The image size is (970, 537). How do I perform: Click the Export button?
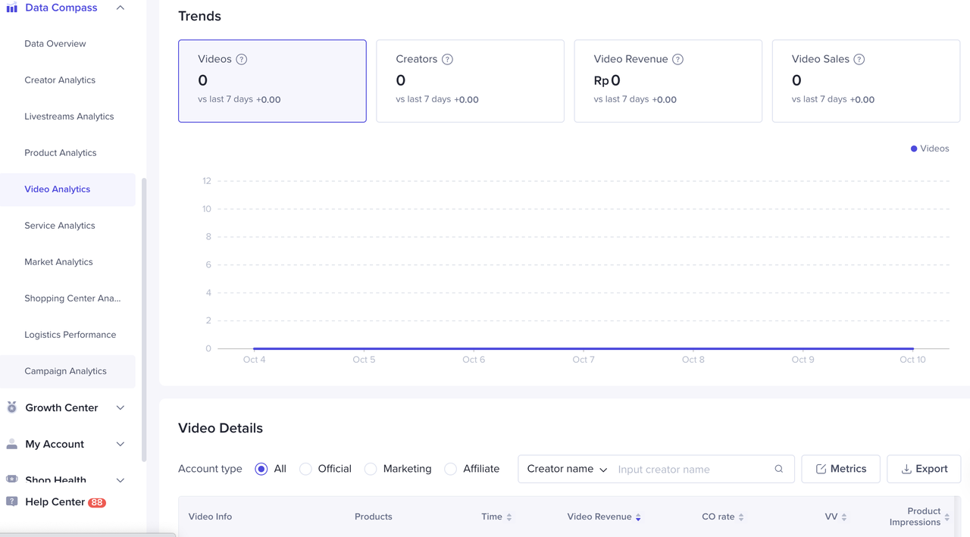click(924, 469)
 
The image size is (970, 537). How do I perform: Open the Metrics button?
click(840, 469)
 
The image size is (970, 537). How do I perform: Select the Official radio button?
click(306, 469)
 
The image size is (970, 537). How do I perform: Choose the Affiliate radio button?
click(451, 469)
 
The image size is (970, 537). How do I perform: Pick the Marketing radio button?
click(371, 469)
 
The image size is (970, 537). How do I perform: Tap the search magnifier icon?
click(779, 469)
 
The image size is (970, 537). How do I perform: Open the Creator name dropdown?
click(567, 469)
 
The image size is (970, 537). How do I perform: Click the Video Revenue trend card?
click(668, 81)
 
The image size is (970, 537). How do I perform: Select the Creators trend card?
click(470, 81)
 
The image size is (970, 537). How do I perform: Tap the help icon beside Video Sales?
click(859, 59)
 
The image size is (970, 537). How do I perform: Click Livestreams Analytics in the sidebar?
click(69, 117)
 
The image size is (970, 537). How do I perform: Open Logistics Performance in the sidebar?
click(70, 335)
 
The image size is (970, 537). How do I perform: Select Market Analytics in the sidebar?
click(58, 262)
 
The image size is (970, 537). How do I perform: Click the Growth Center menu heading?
click(62, 407)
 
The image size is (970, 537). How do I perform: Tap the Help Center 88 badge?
click(97, 502)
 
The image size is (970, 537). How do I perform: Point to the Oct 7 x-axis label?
click(584, 360)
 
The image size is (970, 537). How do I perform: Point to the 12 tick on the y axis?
click(206, 181)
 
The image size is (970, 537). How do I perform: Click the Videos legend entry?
click(930, 148)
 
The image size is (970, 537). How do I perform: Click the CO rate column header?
click(718, 517)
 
